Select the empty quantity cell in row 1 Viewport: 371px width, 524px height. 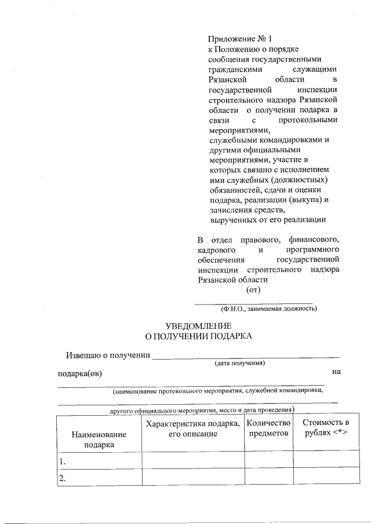268,460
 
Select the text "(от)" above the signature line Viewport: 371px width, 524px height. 254,290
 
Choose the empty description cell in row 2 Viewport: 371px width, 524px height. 192,477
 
